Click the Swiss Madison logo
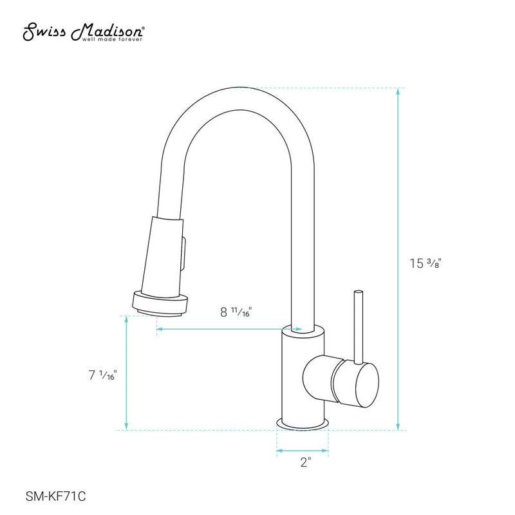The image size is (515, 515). coord(84,31)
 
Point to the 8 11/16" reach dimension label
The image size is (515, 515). coord(236,312)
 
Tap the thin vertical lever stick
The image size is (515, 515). coord(357,325)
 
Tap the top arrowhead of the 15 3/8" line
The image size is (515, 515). coord(398,92)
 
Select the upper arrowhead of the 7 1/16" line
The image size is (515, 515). coord(127,320)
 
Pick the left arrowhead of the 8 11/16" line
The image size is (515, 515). coord(159,329)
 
